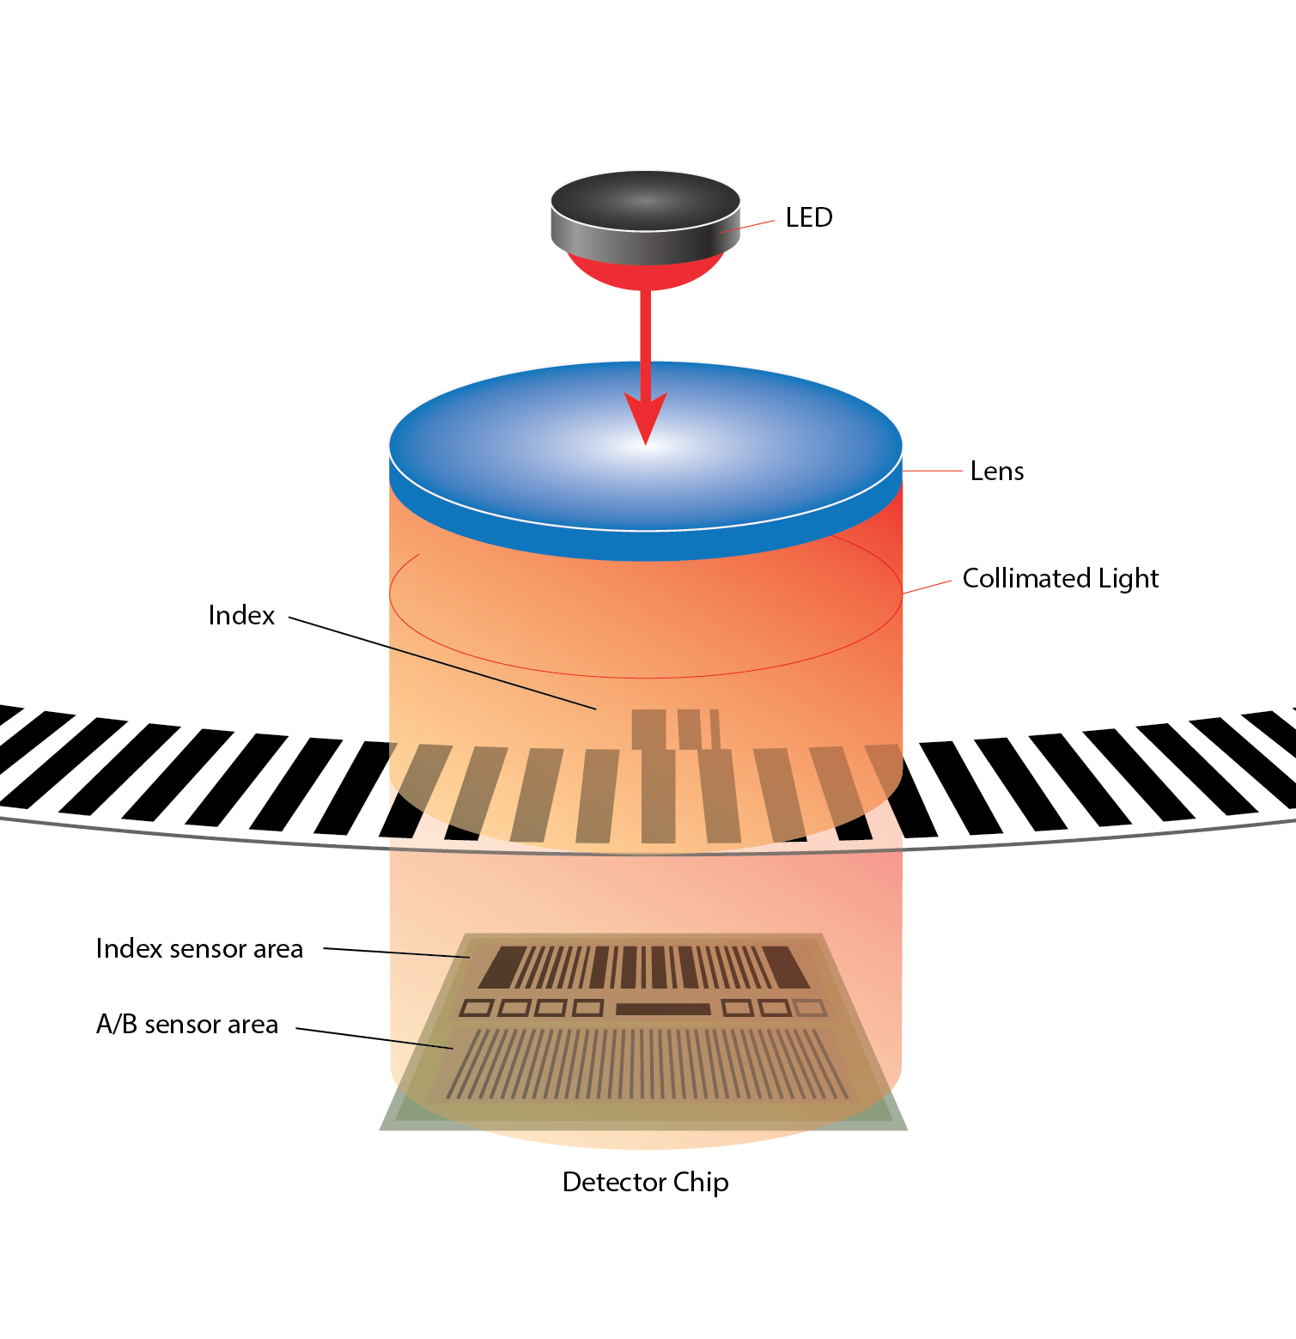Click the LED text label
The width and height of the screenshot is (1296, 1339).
click(x=809, y=217)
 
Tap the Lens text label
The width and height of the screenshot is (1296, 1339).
click(x=996, y=472)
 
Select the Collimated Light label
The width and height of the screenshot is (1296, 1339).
click(x=1060, y=578)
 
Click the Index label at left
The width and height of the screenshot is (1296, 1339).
click(x=241, y=616)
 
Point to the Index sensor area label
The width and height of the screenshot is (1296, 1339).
click(x=199, y=949)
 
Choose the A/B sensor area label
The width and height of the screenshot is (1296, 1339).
click(x=187, y=1025)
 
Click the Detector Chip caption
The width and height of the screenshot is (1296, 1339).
click(x=645, y=1183)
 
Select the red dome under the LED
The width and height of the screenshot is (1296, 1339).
click(x=645, y=272)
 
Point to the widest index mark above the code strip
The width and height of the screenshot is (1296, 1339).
click(x=648, y=729)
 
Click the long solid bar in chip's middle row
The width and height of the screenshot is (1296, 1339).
click(x=663, y=1009)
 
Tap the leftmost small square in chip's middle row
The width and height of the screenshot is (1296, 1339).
click(x=478, y=1008)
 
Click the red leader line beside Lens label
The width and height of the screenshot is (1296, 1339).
click(x=932, y=471)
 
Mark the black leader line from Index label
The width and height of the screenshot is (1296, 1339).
click(x=442, y=663)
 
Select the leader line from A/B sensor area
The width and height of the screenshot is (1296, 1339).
click(x=374, y=1038)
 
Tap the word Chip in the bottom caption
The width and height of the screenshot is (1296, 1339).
click(x=701, y=1184)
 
